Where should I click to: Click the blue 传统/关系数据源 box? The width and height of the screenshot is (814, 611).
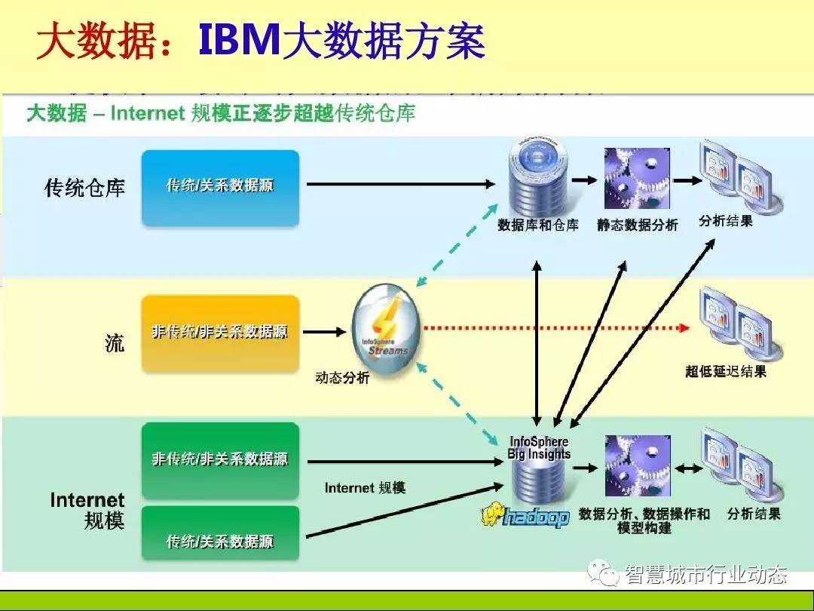point(220,187)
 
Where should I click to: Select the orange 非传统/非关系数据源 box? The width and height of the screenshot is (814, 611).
point(220,333)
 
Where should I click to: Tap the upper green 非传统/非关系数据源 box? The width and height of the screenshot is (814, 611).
point(220,459)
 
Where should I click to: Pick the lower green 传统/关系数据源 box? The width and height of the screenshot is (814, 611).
point(220,540)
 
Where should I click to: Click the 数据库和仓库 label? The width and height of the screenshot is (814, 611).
point(538,225)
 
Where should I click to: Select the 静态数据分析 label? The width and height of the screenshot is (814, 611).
point(638,225)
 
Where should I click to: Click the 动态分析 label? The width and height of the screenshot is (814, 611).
point(342,378)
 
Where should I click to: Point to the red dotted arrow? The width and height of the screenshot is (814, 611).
point(554,328)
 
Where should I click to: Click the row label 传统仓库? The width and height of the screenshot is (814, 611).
point(84,188)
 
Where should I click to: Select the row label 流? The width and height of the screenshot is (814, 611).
point(114,343)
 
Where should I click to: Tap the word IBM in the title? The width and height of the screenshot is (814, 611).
point(239,40)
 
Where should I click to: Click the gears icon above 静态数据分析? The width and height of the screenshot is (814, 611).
point(638,179)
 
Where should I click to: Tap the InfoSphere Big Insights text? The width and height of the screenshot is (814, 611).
point(539,448)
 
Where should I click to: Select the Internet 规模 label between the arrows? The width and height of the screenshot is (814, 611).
point(365,488)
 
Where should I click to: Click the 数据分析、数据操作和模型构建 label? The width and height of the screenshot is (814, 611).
point(644,520)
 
